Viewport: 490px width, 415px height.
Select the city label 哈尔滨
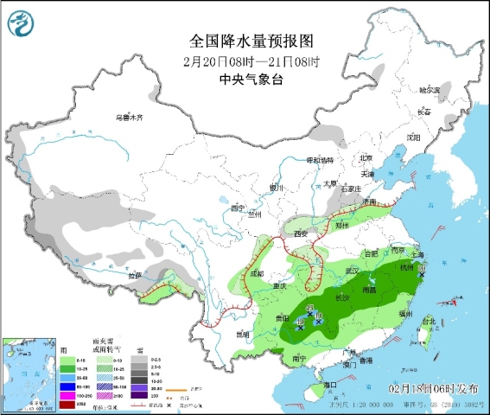[429, 90]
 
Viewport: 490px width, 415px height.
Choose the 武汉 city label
[350, 271]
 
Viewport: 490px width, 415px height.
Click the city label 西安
[300, 233]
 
